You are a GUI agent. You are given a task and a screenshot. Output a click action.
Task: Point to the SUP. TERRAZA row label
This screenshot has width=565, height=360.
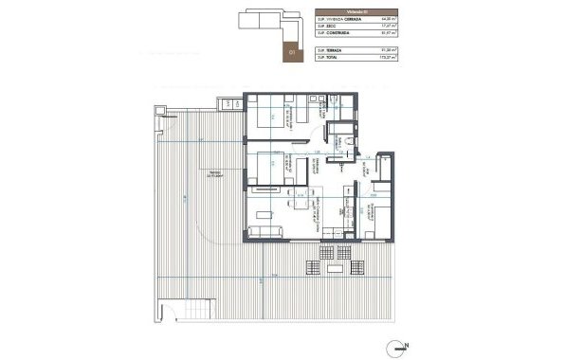(330, 48)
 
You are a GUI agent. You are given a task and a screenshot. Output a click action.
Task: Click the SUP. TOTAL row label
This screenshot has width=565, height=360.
(328, 57)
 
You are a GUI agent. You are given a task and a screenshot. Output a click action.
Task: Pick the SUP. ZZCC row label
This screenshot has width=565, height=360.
(326, 27)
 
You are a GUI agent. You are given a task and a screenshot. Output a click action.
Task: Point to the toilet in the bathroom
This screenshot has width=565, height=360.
(350, 141)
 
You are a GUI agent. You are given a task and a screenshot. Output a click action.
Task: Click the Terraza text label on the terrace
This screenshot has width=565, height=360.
(197, 171)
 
